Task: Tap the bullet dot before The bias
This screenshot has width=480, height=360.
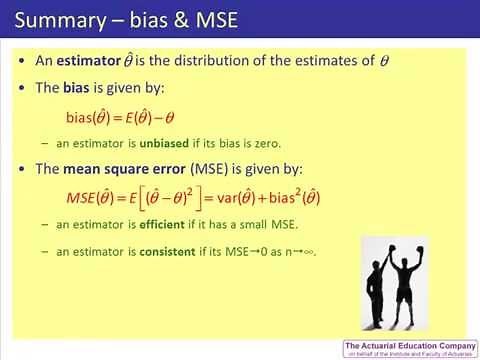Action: coord(23,88)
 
